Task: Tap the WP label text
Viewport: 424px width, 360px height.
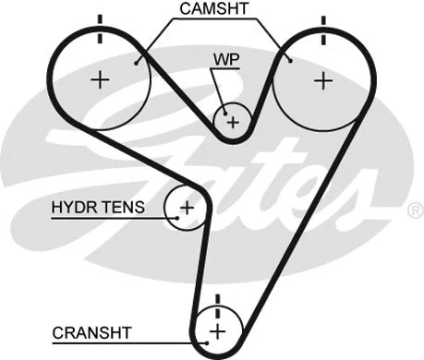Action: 224,57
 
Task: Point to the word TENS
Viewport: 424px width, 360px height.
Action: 123,208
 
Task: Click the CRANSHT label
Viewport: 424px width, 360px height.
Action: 91,330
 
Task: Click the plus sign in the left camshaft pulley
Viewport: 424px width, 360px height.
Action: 100,80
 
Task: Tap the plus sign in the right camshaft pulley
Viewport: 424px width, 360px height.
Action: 321,80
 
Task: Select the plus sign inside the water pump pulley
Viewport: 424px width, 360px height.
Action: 233,121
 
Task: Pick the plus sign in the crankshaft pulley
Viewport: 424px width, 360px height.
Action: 218,330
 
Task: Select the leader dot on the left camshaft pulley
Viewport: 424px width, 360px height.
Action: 136,61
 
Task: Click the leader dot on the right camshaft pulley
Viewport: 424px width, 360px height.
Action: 290,59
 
